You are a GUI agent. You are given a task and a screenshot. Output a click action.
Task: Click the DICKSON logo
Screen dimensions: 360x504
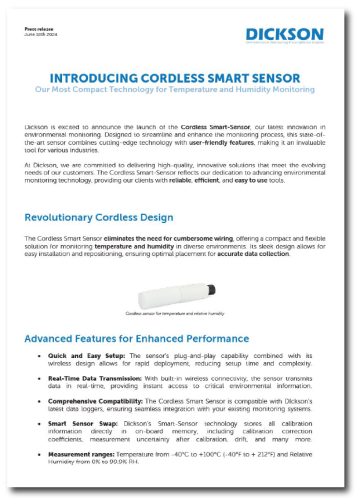coord(290,34)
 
